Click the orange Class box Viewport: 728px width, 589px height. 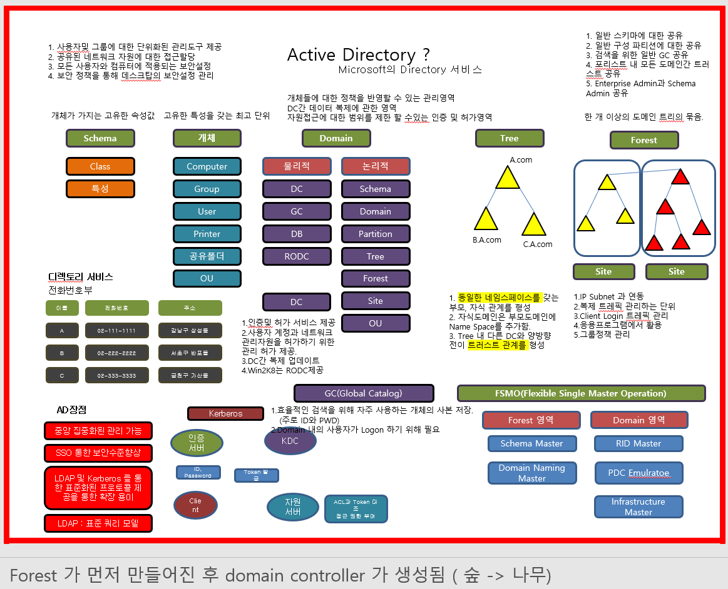point(100,166)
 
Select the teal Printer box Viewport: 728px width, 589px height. point(207,234)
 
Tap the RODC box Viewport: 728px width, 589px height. point(297,256)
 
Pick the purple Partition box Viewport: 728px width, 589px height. point(376,234)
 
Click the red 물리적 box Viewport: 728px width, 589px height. point(297,166)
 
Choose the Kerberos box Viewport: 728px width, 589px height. point(225,413)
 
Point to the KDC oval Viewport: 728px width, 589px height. point(290,441)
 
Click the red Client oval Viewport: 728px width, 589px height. point(195,505)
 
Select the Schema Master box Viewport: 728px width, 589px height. point(531,443)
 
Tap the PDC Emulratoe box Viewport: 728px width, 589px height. point(638,473)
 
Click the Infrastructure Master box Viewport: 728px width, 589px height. point(638,506)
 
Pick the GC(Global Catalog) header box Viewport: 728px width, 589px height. point(364,393)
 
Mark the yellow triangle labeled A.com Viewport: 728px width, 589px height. point(508,178)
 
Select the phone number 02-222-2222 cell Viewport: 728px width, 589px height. point(117,353)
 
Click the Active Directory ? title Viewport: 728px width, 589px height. point(358,54)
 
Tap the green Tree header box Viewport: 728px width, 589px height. point(509,138)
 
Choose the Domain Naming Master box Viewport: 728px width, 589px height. point(531,473)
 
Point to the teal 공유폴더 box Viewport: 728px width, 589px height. point(207,256)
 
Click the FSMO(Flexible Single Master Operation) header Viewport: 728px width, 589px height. point(582,393)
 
